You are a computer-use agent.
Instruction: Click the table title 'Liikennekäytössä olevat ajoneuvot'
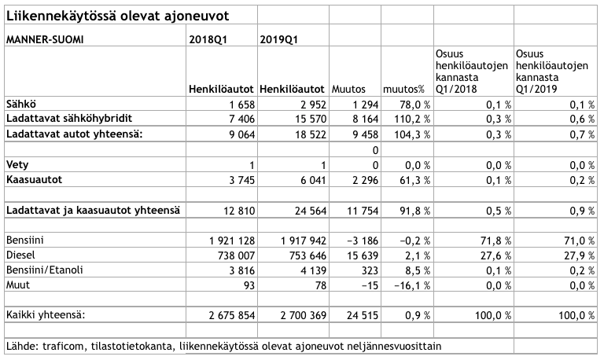(x=119, y=17)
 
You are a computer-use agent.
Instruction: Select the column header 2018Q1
(x=208, y=38)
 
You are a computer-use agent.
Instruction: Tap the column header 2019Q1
(x=279, y=38)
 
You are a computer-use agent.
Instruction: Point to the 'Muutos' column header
(x=350, y=89)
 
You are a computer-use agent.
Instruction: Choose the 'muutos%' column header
(x=403, y=89)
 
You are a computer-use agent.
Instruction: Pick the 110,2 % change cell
(x=406, y=119)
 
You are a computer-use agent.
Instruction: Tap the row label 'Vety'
(x=17, y=165)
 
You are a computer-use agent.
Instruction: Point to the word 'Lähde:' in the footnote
(x=21, y=346)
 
